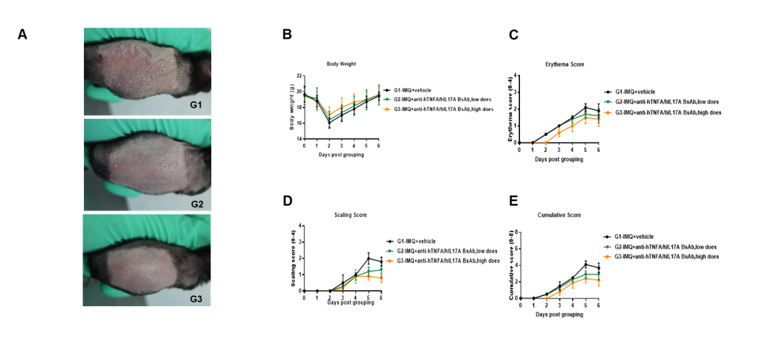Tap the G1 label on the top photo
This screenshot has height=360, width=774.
(195, 104)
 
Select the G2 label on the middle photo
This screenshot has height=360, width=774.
(195, 204)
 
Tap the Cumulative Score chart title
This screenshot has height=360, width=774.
(566, 215)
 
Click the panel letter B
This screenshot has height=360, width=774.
(287, 34)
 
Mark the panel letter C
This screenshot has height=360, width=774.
(514, 34)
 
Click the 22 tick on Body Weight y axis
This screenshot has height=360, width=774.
(300, 76)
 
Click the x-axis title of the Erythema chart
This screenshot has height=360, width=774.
(559, 159)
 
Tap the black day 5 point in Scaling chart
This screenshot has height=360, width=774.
(369, 258)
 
